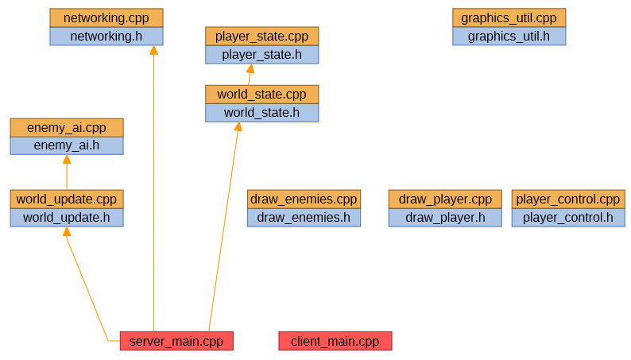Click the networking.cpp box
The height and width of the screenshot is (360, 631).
click(106, 17)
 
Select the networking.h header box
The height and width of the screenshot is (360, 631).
click(106, 37)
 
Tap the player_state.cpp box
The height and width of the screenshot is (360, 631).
click(261, 36)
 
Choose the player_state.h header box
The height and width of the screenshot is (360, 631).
click(261, 55)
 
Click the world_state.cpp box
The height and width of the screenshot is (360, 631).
click(261, 94)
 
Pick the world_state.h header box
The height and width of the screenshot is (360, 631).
click(261, 113)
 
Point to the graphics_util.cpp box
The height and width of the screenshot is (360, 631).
click(509, 17)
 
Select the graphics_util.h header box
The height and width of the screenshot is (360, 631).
click(509, 37)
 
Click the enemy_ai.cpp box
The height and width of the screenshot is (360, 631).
click(67, 127)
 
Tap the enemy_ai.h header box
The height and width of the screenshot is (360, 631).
click(67, 145)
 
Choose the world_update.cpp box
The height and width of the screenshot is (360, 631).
click(67, 199)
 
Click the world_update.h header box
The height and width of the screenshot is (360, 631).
click(67, 218)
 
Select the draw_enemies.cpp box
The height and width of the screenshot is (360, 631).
click(304, 199)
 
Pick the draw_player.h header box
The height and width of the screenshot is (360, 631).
click(445, 218)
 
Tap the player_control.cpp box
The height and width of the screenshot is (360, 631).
click(567, 199)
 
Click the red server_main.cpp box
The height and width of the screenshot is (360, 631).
click(176, 341)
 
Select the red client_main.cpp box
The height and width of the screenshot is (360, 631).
click(335, 341)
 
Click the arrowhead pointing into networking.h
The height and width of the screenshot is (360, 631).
click(153, 51)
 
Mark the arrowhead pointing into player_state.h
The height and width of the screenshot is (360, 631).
click(250, 69)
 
